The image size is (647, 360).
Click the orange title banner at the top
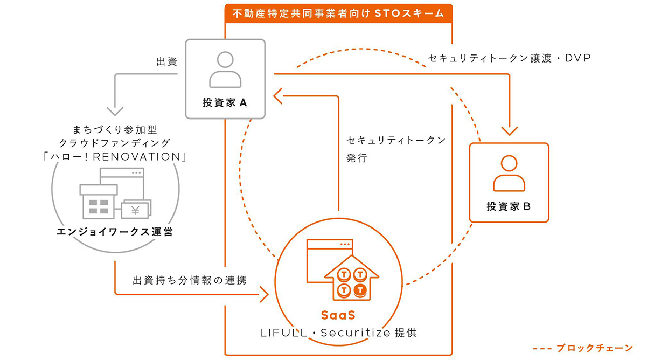338,13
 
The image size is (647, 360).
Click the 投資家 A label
225,102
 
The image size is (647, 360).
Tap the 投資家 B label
509,206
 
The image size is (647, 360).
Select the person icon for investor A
225,70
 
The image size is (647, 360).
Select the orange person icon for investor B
509,173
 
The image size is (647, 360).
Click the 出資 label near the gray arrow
166,61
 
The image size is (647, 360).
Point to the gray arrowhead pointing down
115,111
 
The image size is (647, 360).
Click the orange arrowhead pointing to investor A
277,96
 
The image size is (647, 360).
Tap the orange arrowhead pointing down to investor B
510,131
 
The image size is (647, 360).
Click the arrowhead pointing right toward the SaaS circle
265,294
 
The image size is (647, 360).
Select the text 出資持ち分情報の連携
190,280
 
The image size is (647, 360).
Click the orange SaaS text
338,315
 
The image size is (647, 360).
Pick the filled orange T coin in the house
360,290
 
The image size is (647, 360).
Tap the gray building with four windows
99,202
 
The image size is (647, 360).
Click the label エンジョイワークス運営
115,232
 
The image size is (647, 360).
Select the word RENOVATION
137,157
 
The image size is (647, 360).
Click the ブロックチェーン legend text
595,348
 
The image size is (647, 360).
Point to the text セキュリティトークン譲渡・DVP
509,58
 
